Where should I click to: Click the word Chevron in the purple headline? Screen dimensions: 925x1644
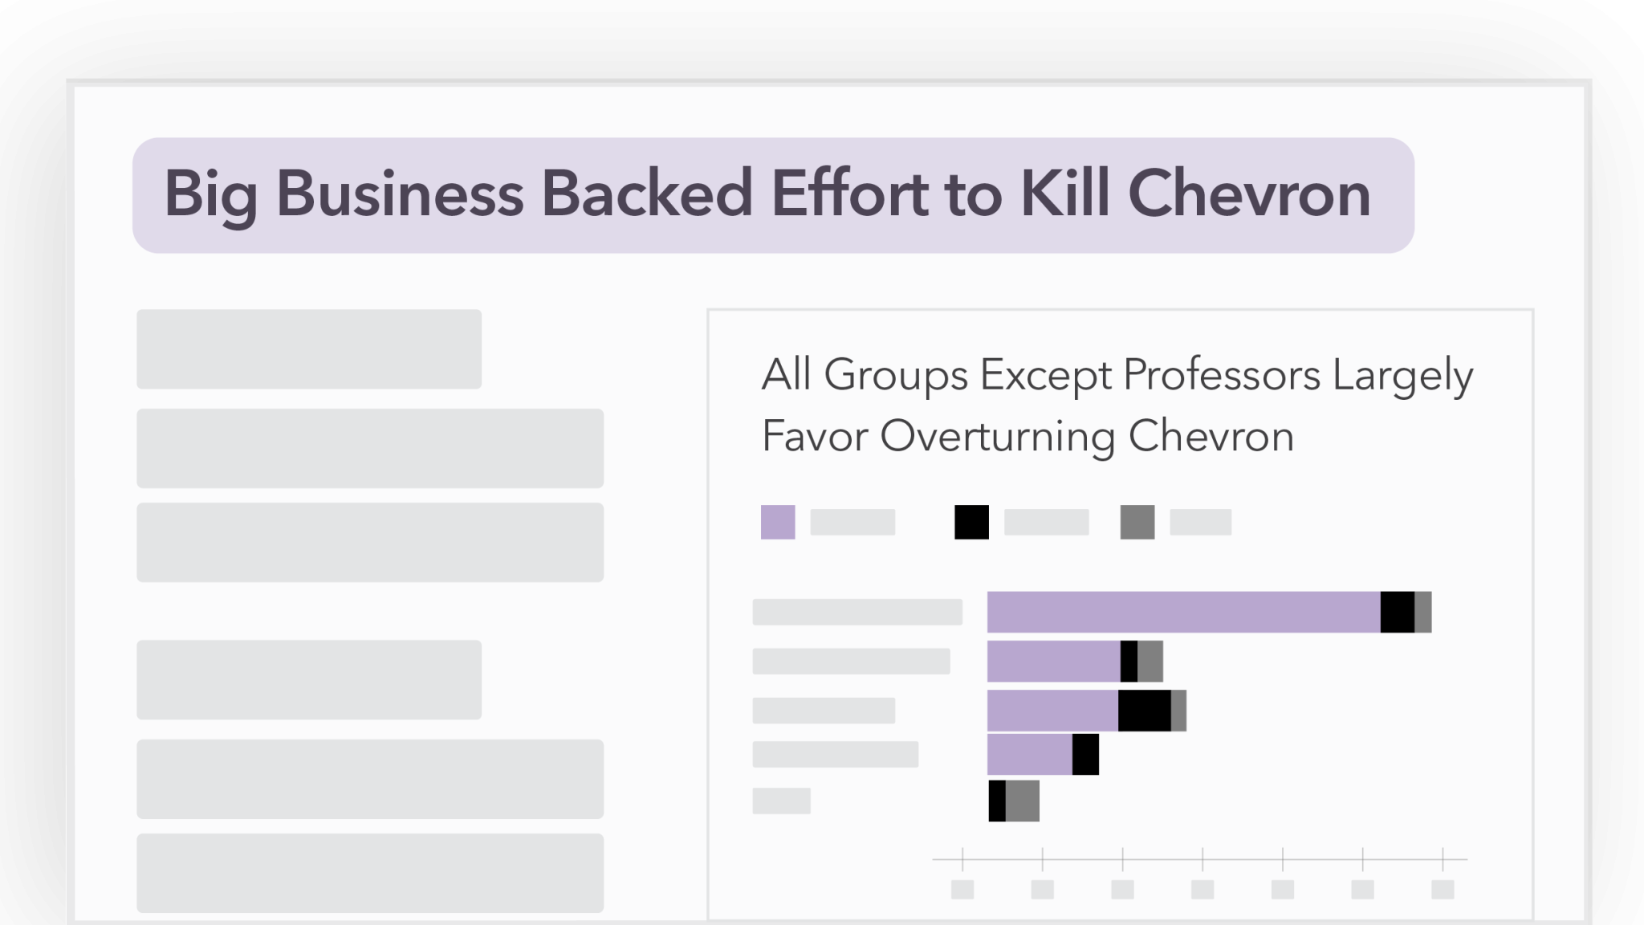tap(1249, 194)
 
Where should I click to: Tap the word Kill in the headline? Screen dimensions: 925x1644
tap(1060, 194)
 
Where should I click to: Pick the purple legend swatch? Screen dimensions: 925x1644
tap(778, 522)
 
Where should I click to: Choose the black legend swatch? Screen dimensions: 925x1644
tap(971, 522)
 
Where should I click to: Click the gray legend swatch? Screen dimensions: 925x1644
tap(1137, 522)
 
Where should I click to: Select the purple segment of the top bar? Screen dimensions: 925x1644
tap(1183, 612)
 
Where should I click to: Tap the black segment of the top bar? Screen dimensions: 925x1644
tap(1397, 612)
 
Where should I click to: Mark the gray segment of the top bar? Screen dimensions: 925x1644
tap(1422, 612)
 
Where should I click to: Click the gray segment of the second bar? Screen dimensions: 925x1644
tap(1150, 661)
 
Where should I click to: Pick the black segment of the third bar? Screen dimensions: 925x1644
tap(1144, 711)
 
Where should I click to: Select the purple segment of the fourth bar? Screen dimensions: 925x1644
tap(1029, 755)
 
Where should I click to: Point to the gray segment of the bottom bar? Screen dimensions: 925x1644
tap(1022, 801)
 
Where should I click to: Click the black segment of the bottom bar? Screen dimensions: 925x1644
tap(997, 801)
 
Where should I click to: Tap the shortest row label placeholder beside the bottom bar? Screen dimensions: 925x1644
tap(781, 801)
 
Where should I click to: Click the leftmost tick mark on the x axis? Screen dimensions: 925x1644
tap(962, 859)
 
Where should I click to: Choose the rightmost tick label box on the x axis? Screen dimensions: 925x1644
tap(1443, 889)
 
